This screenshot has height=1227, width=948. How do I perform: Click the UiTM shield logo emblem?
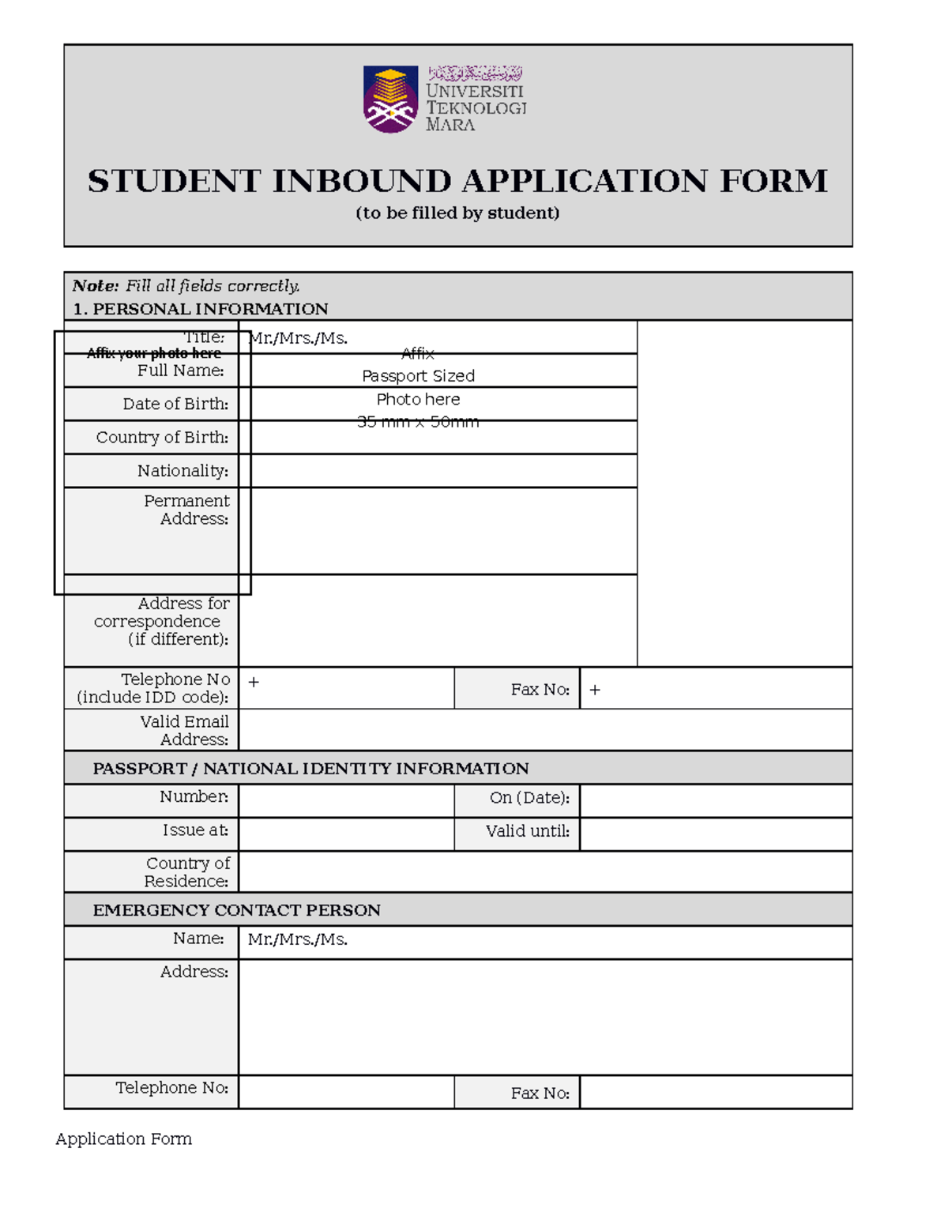click(390, 99)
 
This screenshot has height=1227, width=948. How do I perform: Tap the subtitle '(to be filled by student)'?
click(457, 213)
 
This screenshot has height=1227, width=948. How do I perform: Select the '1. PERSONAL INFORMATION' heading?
click(200, 309)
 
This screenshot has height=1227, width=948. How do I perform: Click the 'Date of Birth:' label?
click(175, 404)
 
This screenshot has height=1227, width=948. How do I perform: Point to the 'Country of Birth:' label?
click(162, 438)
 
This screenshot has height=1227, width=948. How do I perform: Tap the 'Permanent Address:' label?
click(187, 510)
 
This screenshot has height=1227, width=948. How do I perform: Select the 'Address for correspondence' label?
click(162, 621)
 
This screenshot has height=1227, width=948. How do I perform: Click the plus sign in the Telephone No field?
click(254, 682)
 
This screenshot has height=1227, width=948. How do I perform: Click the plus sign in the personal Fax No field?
click(595, 690)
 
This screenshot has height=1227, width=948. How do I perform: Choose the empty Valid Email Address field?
click(545, 730)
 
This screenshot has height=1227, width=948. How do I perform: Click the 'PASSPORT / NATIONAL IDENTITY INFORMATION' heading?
click(310, 769)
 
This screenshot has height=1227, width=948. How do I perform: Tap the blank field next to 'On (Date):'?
click(715, 800)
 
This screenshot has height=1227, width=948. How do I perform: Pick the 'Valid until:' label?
click(527, 831)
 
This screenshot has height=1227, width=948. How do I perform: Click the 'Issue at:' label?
click(195, 830)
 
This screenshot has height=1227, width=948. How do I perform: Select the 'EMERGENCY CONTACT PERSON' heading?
click(236, 910)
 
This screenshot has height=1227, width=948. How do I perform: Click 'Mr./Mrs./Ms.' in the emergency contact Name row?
click(298, 939)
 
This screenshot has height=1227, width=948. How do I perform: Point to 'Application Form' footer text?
click(124, 1139)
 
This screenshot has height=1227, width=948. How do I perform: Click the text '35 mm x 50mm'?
click(418, 422)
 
